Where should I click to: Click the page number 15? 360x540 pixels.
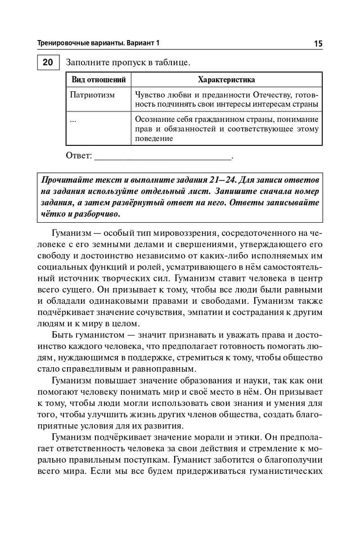pos(318,44)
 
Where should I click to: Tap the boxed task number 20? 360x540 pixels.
pos(47,62)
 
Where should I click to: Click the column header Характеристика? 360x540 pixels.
pos(226,80)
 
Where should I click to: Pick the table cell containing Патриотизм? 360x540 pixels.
pos(93,95)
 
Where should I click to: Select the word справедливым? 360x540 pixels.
pos(100,370)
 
